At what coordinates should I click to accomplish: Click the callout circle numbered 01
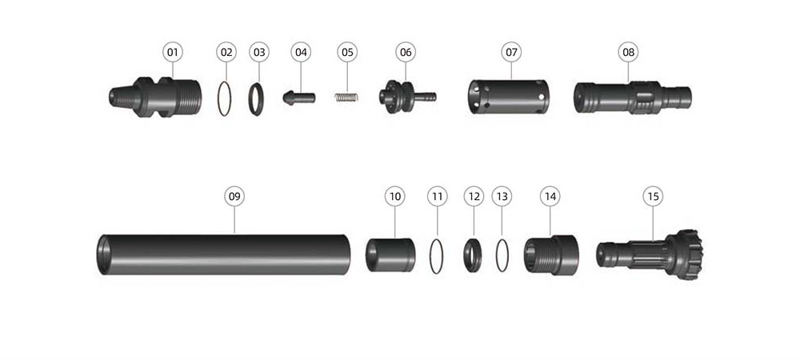click(x=173, y=52)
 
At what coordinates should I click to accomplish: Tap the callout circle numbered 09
click(x=234, y=196)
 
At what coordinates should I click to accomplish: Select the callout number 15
click(x=653, y=196)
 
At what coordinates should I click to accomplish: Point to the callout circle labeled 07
click(x=511, y=52)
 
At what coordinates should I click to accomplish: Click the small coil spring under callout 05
click(x=346, y=97)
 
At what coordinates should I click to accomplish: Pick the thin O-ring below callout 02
click(x=225, y=98)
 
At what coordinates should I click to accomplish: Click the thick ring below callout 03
click(x=256, y=99)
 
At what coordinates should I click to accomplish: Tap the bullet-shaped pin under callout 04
click(x=299, y=98)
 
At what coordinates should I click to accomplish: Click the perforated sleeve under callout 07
click(x=509, y=96)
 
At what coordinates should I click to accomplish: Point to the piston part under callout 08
click(x=633, y=97)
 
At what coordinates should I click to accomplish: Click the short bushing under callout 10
click(x=390, y=254)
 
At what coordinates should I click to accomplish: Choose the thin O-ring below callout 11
click(x=436, y=256)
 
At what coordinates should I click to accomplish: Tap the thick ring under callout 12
click(x=473, y=255)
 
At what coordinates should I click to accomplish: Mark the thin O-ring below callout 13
click(x=502, y=255)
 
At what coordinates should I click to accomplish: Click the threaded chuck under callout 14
click(x=551, y=254)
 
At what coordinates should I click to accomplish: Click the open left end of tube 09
click(x=103, y=254)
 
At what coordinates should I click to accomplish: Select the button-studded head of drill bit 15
click(x=684, y=254)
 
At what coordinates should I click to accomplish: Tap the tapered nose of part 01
click(x=122, y=97)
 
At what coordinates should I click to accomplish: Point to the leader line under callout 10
click(x=395, y=222)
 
